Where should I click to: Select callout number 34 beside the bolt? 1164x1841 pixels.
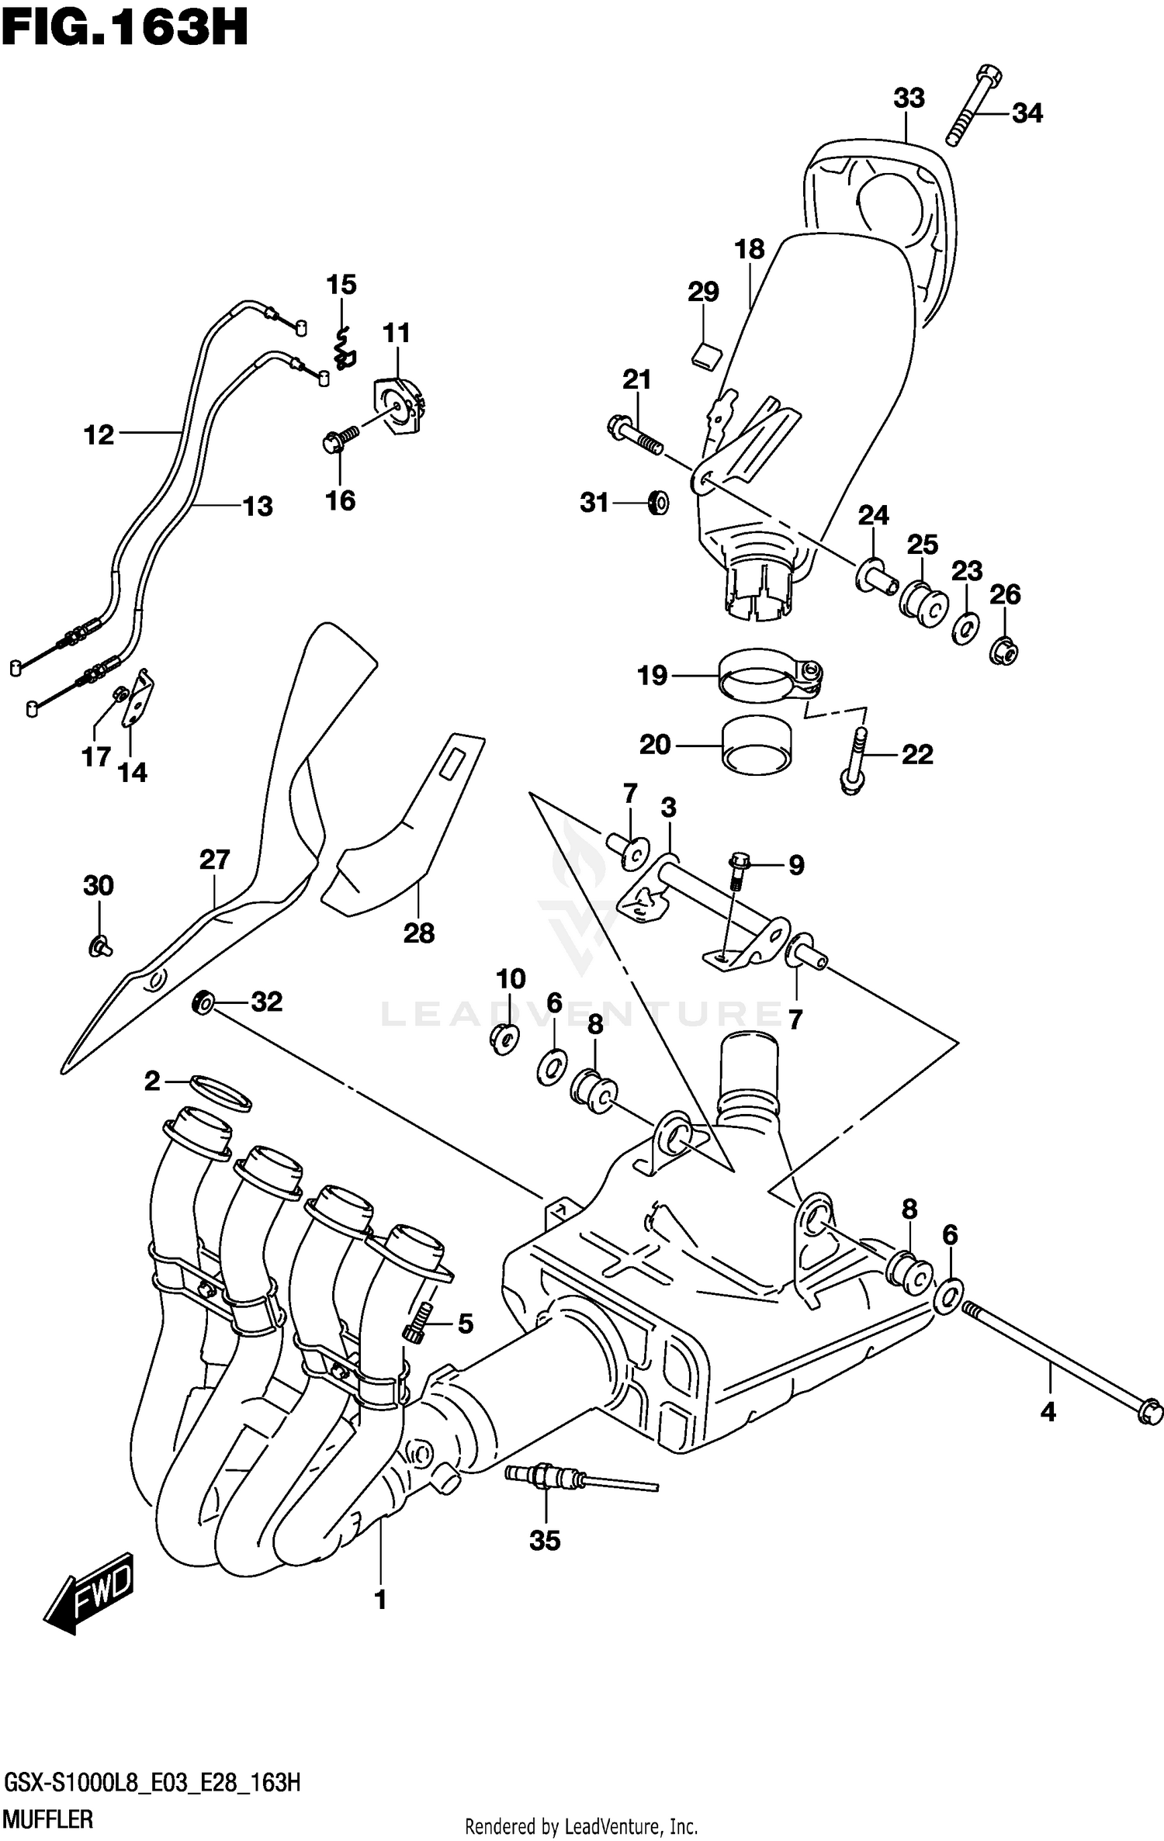coord(1027,113)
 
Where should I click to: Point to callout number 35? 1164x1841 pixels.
coord(545,1540)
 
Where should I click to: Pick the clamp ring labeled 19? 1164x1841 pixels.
coord(768,673)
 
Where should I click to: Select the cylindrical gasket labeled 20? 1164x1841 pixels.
coord(757,746)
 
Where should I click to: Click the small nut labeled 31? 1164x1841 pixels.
coord(658,504)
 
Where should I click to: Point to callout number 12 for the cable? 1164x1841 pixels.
coord(99,435)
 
